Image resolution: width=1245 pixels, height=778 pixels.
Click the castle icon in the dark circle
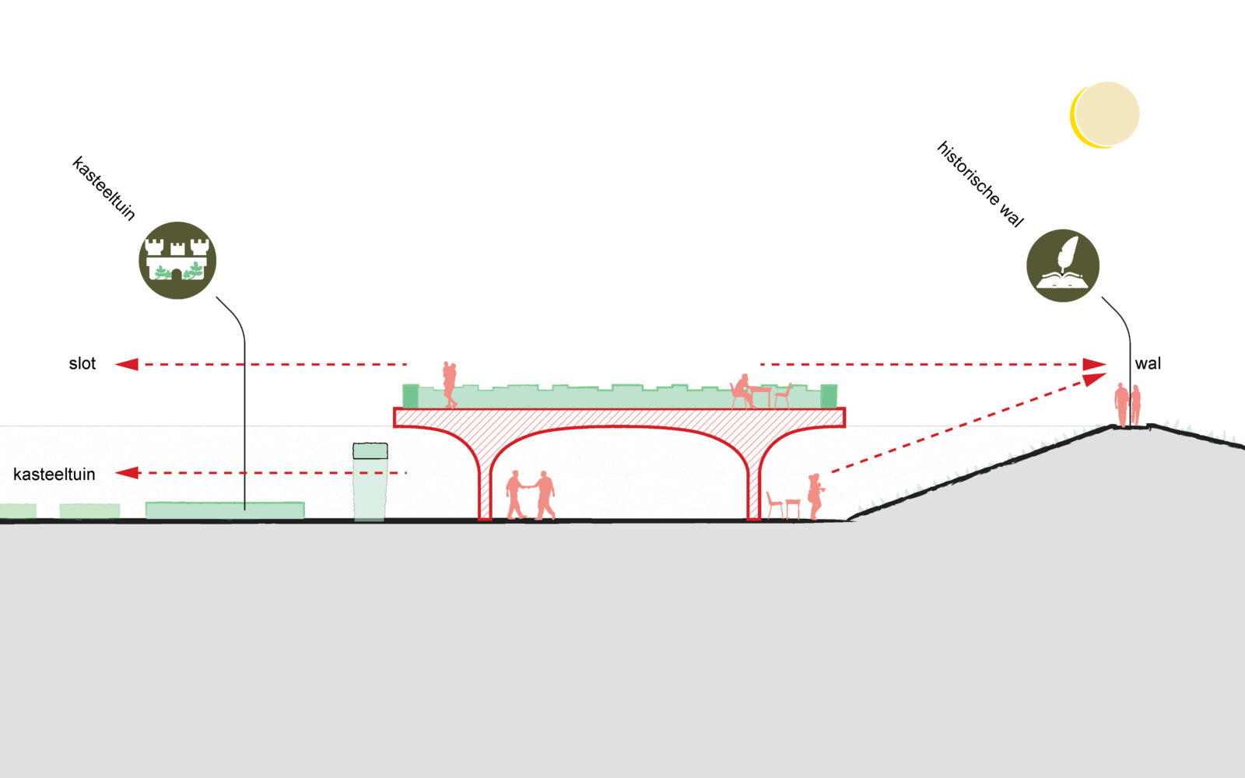177,261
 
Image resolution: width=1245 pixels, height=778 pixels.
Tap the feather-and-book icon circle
1063,265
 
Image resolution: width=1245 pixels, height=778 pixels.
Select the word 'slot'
82,363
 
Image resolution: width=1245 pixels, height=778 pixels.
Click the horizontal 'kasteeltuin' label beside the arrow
54,474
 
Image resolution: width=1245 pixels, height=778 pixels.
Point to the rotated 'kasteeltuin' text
103,188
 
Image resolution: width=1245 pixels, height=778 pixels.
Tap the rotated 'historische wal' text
980,184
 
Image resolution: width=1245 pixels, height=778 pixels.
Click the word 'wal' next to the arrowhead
1148,363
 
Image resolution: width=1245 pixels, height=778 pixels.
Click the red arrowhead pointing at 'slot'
127,364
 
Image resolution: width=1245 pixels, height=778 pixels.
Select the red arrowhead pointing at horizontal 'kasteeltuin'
127,473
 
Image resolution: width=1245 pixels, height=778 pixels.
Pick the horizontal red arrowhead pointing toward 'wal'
1095,364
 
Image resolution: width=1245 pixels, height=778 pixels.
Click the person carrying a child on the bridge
449,384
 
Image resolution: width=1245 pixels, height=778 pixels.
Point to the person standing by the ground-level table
815,496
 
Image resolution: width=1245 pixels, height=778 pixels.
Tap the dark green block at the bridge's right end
829,396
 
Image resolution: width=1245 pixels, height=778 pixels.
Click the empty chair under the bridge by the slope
774,504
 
